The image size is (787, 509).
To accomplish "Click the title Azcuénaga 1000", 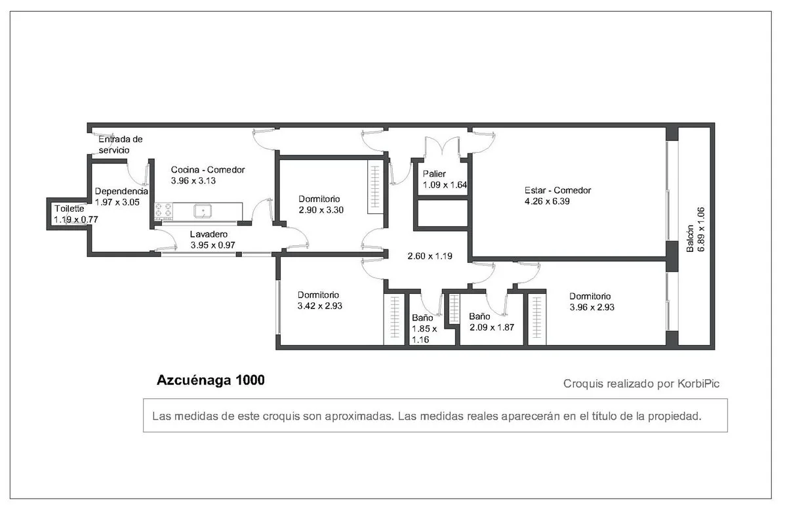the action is [x=211, y=380].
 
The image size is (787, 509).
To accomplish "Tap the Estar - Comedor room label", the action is [x=557, y=190].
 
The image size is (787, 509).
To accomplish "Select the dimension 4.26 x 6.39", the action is [x=547, y=201].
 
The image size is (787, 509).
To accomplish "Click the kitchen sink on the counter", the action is [x=203, y=211].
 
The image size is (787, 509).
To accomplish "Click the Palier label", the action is [x=434, y=174].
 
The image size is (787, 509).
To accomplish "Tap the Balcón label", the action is [x=690, y=238].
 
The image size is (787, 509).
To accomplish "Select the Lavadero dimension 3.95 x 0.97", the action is [x=213, y=245].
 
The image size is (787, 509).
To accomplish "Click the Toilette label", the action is [x=70, y=209].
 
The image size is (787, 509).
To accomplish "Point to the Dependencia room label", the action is [x=121, y=191].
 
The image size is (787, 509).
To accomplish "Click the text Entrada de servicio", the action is [x=120, y=144].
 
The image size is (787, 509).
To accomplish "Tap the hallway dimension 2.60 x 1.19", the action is [x=430, y=256].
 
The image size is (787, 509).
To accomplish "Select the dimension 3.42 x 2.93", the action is [x=320, y=306].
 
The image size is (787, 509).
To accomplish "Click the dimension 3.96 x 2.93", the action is [x=592, y=308].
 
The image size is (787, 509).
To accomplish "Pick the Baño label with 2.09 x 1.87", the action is [x=479, y=316].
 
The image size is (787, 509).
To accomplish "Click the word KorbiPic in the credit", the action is [x=698, y=384].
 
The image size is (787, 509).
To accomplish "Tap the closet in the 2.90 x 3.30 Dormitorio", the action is [x=375, y=186].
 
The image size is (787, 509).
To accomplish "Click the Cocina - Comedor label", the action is [x=208, y=170].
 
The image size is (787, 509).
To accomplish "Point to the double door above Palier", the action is [x=442, y=147].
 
